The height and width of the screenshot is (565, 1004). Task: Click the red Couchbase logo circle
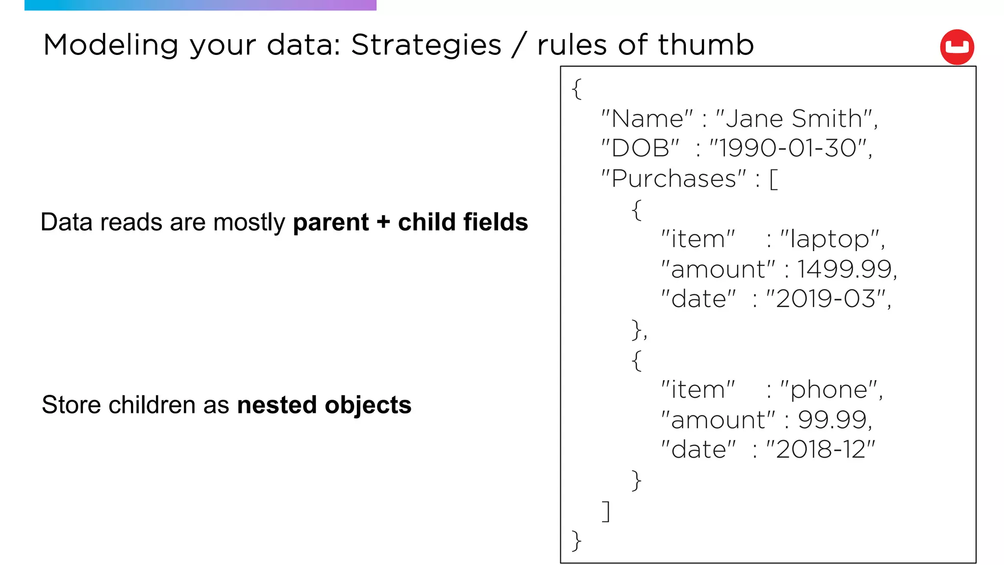pyautogui.click(x=956, y=47)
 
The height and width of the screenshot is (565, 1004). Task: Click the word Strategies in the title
pyautogui.click(x=426, y=45)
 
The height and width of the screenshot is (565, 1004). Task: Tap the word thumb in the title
pyautogui.click(x=705, y=45)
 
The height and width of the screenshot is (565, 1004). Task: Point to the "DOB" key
pyautogui.click(x=640, y=149)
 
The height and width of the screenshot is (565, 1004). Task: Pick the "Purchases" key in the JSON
pyautogui.click(x=674, y=179)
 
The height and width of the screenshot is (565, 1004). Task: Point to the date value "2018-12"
pyautogui.click(x=821, y=450)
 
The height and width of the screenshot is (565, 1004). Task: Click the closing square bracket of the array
pyautogui.click(x=606, y=512)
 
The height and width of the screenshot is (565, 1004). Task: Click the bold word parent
pyautogui.click(x=331, y=222)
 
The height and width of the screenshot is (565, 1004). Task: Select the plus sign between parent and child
pyautogui.click(x=383, y=223)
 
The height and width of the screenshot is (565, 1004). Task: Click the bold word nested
pyautogui.click(x=277, y=405)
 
